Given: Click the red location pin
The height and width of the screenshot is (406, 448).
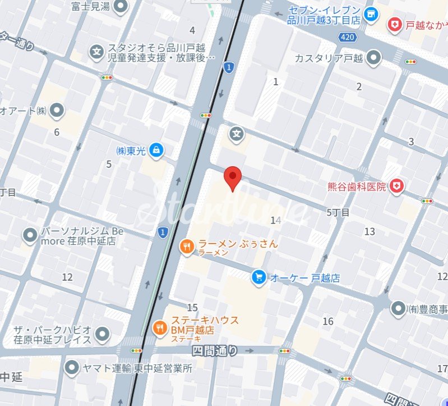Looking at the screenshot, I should pyautogui.click(x=233, y=177).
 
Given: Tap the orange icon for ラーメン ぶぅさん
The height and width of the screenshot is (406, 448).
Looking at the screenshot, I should pyautogui.click(x=187, y=245).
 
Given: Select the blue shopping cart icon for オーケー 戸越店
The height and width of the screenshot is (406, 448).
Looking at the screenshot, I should pyautogui.click(x=258, y=277).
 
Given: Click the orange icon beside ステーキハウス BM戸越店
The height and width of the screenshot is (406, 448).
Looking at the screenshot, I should pyautogui.click(x=160, y=327).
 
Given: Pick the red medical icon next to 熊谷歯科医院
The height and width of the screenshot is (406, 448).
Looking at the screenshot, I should pyautogui.click(x=397, y=186).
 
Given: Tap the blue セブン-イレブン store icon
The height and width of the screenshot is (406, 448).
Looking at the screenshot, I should pyautogui.click(x=370, y=13).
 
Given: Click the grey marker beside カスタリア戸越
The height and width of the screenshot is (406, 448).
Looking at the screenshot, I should pyautogui.click(x=373, y=57).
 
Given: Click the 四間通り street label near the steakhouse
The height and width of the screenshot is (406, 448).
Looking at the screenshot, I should pyautogui.click(x=215, y=350).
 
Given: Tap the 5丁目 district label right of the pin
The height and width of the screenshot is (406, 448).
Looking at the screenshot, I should pyautogui.click(x=338, y=213).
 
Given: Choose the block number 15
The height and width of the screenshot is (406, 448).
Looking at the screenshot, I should pyautogui.click(x=192, y=307).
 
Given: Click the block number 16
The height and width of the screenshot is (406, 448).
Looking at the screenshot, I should pyautogui.click(x=328, y=321).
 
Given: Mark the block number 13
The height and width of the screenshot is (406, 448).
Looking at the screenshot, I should pyautogui.click(x=370, y=231).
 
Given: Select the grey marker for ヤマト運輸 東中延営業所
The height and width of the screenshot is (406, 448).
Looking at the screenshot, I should pyautogui.click(x=72, y=368).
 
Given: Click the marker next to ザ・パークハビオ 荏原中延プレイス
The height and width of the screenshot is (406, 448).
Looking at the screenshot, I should pyautogui.click(x=102, y=335).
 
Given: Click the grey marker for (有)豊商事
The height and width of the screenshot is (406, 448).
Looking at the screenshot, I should pyautogui.click(x=398, y=308).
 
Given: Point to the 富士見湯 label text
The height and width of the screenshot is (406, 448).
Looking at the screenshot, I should pyautogui.click(x=90, y=6).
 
